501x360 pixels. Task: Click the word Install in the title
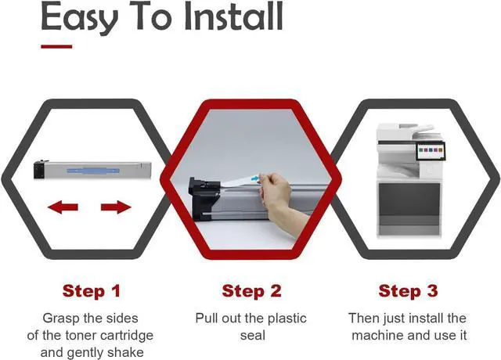point(234,16)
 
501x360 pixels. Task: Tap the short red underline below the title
point(56,47)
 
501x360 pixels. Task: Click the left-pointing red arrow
point(63,207)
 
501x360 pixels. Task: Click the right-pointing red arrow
point(116,207)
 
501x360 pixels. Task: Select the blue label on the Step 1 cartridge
point(93,171)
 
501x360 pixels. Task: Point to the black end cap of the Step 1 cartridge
point(39,169)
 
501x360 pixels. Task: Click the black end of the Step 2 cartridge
point(204,199)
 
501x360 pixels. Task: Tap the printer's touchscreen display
point(430,150)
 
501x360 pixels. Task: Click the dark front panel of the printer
point(409,200)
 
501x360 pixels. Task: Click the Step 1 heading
point(92,290)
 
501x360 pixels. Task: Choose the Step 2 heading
point(251,290)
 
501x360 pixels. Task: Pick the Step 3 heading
point(408,290)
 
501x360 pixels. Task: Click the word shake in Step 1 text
point(125,352)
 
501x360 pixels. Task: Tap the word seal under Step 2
point(253,336)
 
